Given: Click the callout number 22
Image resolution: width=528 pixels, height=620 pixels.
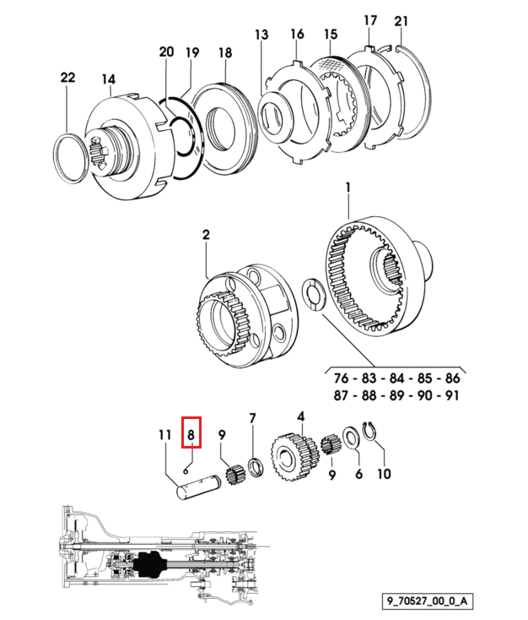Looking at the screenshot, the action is [x=67, y=77].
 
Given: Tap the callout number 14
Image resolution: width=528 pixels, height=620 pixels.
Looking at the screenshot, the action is [x=108, y=79].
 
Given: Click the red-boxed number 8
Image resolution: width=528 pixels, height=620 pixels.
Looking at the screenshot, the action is [x=191, y=435].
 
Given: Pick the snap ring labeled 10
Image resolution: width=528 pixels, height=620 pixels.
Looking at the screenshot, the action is [x=369, y=432].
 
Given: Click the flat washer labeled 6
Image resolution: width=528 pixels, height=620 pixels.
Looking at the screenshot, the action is [x=351, y=438].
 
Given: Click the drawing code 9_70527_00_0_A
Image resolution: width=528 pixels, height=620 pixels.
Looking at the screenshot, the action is [x=428, y=601].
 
